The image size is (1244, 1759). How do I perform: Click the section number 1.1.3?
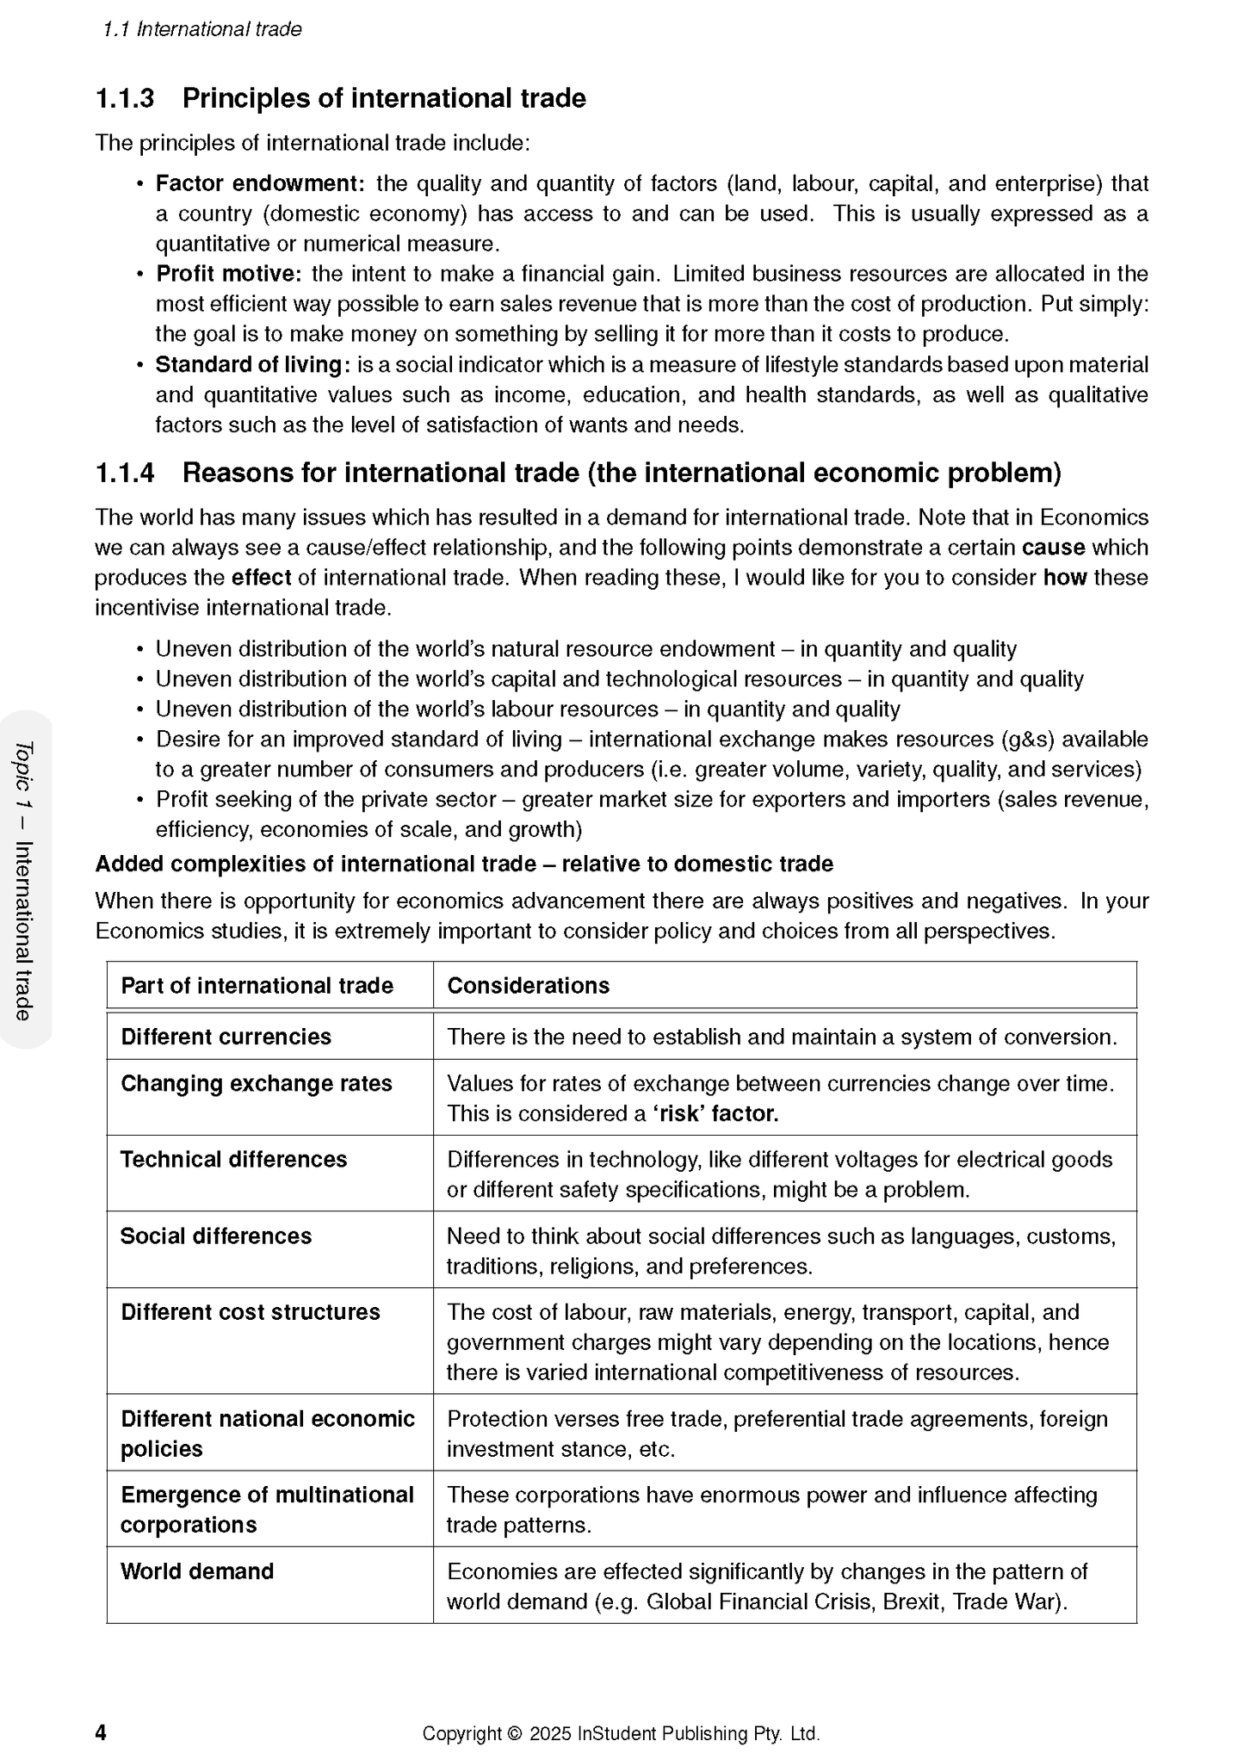click(125, 98)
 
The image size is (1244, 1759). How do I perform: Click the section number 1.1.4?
click(125, 473)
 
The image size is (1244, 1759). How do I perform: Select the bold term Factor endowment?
click(260, 183)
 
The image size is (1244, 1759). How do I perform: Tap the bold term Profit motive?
click(228, 274)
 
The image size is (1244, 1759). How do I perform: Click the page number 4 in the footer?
click(101, 1732)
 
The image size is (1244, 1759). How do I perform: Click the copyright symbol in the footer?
click(516, 1733)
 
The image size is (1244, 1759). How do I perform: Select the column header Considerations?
click(528, 986)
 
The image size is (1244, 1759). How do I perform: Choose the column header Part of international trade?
click(257, 986)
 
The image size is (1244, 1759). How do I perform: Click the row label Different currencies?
click(226, 1037)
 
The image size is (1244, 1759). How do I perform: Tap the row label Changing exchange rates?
click(256, 1083)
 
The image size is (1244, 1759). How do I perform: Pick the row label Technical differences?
click(233, 1160)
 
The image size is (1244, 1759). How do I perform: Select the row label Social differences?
click(215, 1236)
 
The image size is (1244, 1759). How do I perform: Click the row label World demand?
click(197, 1571)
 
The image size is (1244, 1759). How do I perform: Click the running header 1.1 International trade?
click(202, 29)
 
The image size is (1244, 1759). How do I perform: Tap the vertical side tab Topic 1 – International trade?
click(24, 880)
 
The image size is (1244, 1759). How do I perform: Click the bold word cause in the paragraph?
click(1053, 548)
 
